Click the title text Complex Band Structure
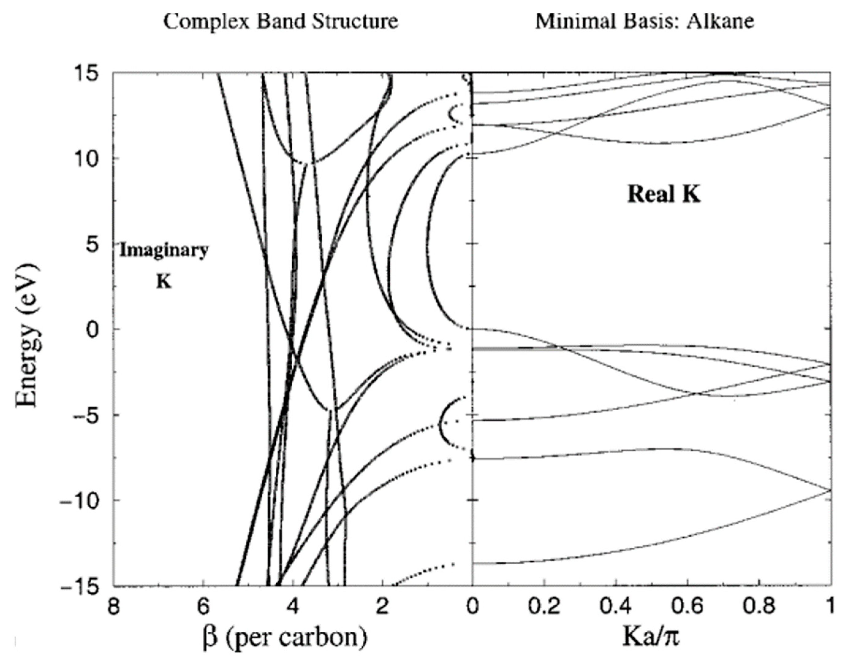click(x=280, y=21)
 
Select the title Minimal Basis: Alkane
click(x=645, y=21)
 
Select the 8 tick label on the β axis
click(x=113, y=606)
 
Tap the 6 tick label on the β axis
click(x=203, y=606)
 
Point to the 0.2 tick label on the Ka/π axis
click(x=544, y=606)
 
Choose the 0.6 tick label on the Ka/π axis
click(x=687, y=606)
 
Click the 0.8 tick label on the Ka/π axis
click(x=759, y=606)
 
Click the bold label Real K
click(x=664, y=194)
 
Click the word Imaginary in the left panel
click(x=164, y=250)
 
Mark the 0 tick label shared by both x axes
click(x=472, y=606)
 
